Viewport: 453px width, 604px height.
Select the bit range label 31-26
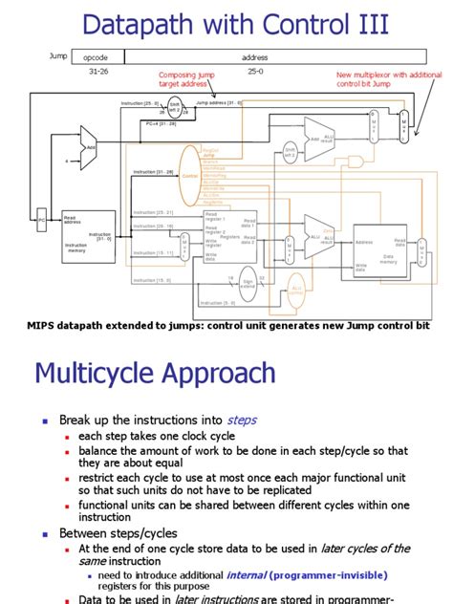pos(97,72)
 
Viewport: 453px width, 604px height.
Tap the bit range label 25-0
pos(255,72)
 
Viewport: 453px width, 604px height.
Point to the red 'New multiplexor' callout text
pos(388,78)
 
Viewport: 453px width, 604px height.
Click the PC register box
pos(41,221)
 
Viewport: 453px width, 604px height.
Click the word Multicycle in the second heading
pos(101,373)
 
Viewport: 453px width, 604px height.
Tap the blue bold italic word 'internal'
pos(246,576)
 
